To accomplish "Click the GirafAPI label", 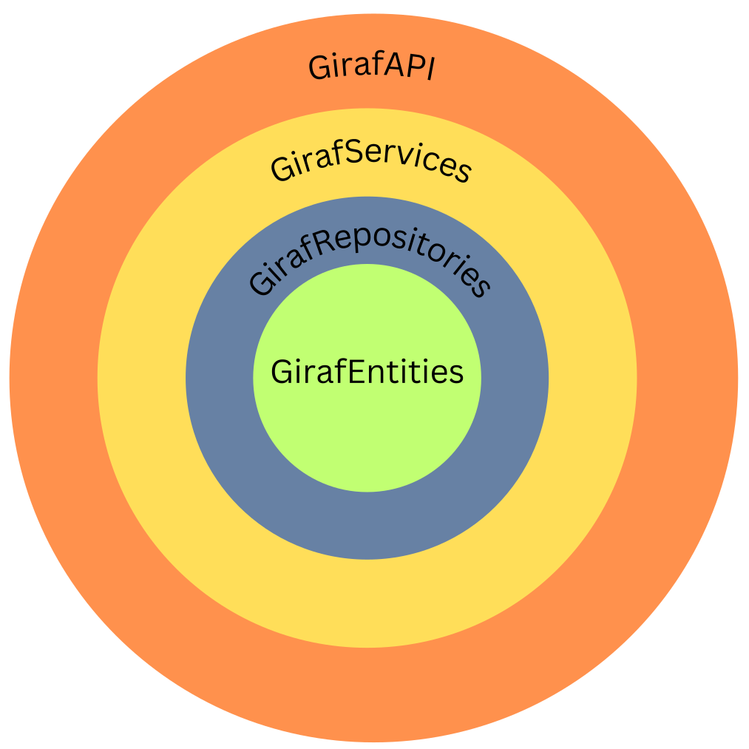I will [x=371, y=68].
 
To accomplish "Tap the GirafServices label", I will [x=370, y=163].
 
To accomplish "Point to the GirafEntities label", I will [x=367, y=372].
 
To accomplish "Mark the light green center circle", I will [x=367, y=436].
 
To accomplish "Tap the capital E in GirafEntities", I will [x=356, y=372].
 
